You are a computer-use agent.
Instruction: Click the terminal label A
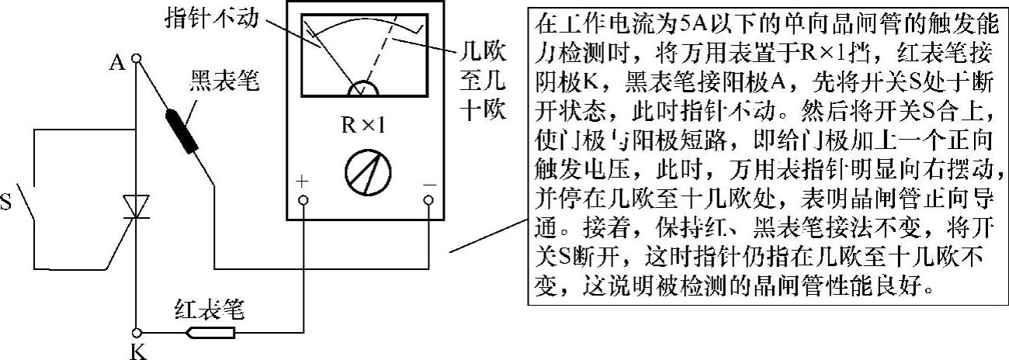pos(118,62)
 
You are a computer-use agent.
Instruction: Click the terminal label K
pos(137,351)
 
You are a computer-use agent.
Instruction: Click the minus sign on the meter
pos(428,184)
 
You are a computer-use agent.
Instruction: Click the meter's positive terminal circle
pos(303,201)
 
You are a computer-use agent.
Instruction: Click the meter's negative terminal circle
pos(428,201)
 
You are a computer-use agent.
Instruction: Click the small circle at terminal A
pos(136,58)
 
